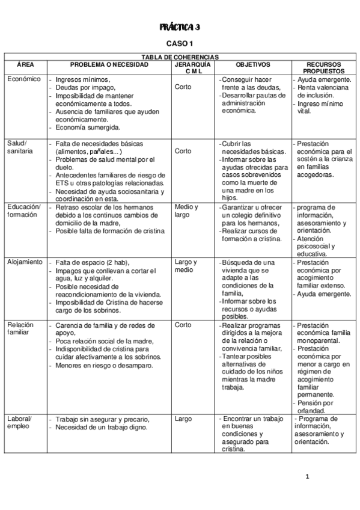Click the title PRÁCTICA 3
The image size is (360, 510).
pos(180,28)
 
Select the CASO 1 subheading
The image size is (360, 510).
pos(179,43)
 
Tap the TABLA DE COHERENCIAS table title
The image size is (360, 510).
pos(180,57)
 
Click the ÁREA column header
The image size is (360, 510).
pos(25,64)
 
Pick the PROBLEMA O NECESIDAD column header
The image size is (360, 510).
pos(109,64)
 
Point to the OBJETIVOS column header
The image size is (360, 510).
pos(253,64)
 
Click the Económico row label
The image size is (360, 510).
pos(24,79)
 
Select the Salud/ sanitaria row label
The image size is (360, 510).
pos(21,148)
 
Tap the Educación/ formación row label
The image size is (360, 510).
pos(23,211)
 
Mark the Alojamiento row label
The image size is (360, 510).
pos(25,262)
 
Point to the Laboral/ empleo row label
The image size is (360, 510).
pos(20,423)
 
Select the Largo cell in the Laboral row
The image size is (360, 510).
pos(183,419)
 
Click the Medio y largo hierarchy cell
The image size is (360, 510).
pos(186,211)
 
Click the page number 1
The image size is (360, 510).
pos(307,477)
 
